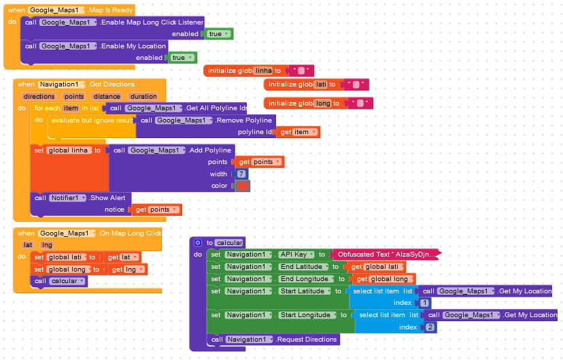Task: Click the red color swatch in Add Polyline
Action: point(242,186)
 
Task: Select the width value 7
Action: point(241,174)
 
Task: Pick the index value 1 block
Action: point(425,303)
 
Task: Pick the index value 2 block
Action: point(430,327)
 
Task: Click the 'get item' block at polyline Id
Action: point(298,132)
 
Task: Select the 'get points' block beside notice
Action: point(157,210)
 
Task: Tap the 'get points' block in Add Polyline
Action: point(260,162)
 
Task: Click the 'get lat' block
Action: point(122,257)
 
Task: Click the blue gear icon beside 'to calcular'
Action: point(197,242)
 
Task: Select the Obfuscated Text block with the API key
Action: point(386,255)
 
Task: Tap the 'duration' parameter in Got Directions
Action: point(143,96)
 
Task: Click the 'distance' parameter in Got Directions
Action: point(107,96)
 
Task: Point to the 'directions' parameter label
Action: point(39,96)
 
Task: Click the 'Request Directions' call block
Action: point(273,340)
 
